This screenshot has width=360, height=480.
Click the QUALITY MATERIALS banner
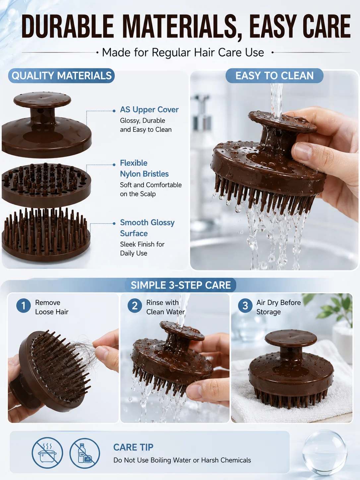(x=61, y=76)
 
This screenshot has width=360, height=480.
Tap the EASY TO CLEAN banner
(x=274, y=76)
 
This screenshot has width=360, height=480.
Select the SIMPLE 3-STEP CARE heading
(x=181, y=285)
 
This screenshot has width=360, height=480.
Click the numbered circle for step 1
(x=24, y=306)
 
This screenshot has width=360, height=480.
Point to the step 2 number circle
(x=135, y=306)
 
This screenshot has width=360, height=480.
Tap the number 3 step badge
(x=245, y=306)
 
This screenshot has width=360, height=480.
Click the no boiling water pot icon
(x=47, y=453)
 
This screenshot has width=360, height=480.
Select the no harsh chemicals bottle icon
(x=85, y=453)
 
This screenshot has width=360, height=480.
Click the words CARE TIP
(x=133, y=447)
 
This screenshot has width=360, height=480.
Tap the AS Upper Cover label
(x=149, y=110)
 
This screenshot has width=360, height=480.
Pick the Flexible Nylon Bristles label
(x=144, y=168)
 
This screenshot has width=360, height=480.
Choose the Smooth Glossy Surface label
(x=147, y=228)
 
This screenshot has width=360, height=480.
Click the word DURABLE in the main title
(x=68, y=27)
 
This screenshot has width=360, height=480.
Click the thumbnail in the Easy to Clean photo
(x=303, y=151)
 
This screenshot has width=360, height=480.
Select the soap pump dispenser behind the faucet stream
(x=202, y=131)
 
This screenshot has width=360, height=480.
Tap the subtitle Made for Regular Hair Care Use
(x=183, y=52)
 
